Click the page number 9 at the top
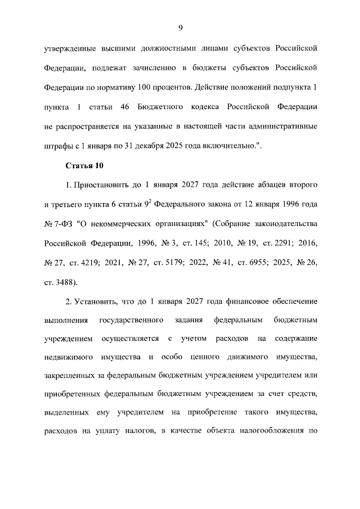(x=181, y=28)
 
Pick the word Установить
(x=99, y=301)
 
